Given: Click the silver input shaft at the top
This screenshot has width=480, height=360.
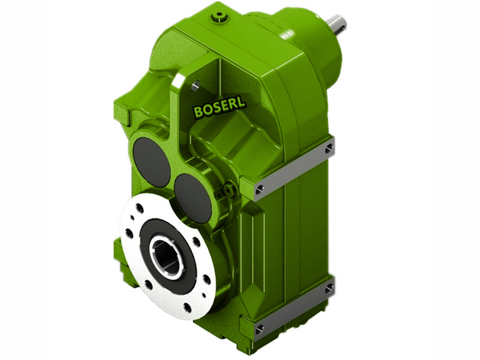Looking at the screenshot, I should [x=337, y=23].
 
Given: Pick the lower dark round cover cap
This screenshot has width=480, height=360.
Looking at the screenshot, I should [x=193, y=197].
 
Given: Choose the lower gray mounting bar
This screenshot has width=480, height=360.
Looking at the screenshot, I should [x=294, y=309].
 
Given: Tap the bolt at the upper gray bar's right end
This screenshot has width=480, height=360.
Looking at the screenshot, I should [x=329, y=148].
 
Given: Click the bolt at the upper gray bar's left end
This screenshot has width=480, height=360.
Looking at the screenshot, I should [x=259, y=190].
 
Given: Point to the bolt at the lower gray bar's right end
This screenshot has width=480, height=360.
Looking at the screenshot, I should [x=329, y=289].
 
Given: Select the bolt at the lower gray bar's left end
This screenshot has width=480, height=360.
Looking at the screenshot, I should [x=259, y=329].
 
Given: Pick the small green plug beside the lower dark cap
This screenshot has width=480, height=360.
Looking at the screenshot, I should [x=228, y=190].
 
